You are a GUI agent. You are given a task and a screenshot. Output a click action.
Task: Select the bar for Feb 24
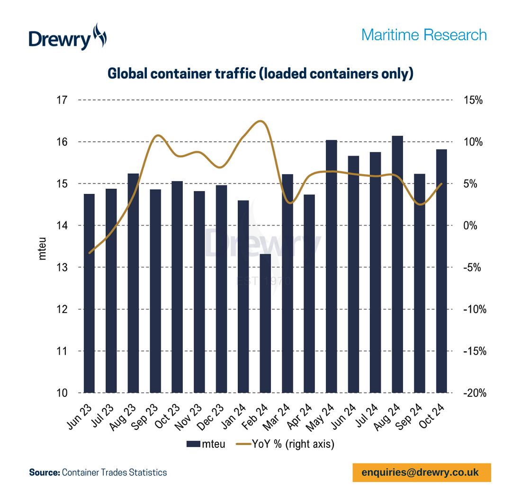tap(265, 323)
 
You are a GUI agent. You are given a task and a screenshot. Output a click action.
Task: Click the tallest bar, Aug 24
tap(397, 265)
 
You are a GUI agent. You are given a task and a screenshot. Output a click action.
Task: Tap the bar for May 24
tap(331, 267)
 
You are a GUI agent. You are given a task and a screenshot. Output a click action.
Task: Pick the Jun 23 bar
tap(89, 293)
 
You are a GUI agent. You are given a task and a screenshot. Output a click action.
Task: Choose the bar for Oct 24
tap(441, 271)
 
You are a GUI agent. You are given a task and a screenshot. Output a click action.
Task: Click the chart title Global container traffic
tap(260, 74)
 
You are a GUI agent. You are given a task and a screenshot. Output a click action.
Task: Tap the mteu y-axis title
tap(42, 247)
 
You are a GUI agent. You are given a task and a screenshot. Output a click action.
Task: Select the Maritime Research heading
tap(424, 35)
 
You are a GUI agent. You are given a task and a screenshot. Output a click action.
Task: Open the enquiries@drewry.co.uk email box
tap(421, 472)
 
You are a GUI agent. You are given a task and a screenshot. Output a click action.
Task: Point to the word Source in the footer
tap(44, 472)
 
